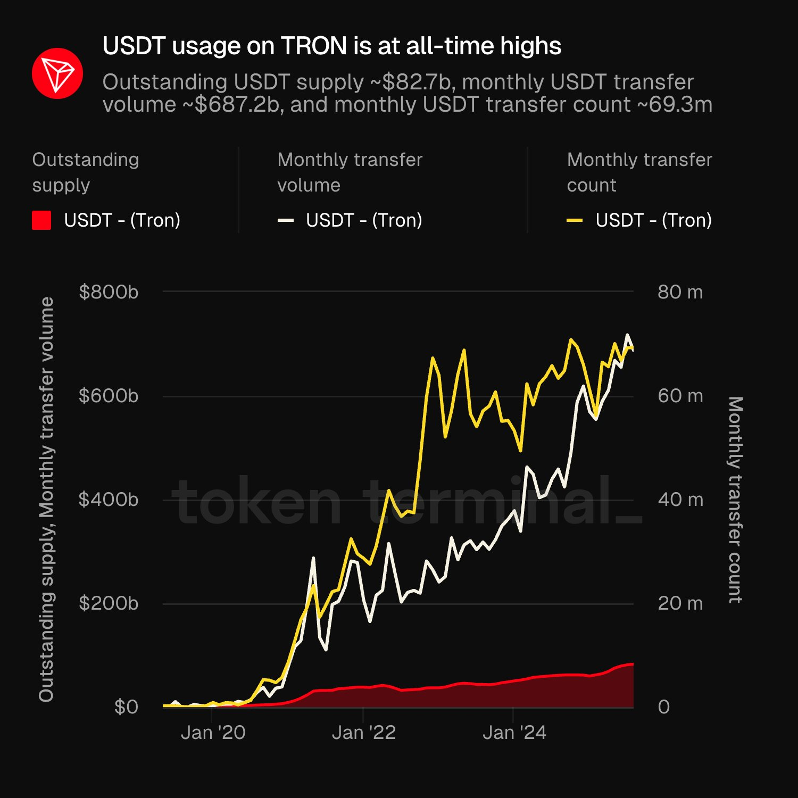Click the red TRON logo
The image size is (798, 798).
(57, 73)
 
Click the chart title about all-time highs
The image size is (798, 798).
(331, 46)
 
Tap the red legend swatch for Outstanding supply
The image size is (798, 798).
(41, 220)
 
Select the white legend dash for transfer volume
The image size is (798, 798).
(286, 220)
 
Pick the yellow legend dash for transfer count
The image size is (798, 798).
(575, 220)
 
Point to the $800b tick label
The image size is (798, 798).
(109, 292)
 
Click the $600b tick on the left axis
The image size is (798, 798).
(109, 396)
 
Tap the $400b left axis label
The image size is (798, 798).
(109, 500)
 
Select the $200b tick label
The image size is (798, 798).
(109, 603)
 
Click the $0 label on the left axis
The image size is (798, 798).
(126, 707)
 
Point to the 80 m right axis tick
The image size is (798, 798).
(680, 292)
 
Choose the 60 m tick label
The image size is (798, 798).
(680, 396)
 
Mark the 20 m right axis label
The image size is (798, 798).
(680, 603)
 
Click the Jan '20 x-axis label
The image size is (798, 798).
(213, 733)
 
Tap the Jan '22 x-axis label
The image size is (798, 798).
(364, 733)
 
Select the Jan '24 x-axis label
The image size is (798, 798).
(514, 733)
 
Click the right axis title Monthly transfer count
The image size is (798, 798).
(735, 500)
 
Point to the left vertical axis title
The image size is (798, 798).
(47, 500)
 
